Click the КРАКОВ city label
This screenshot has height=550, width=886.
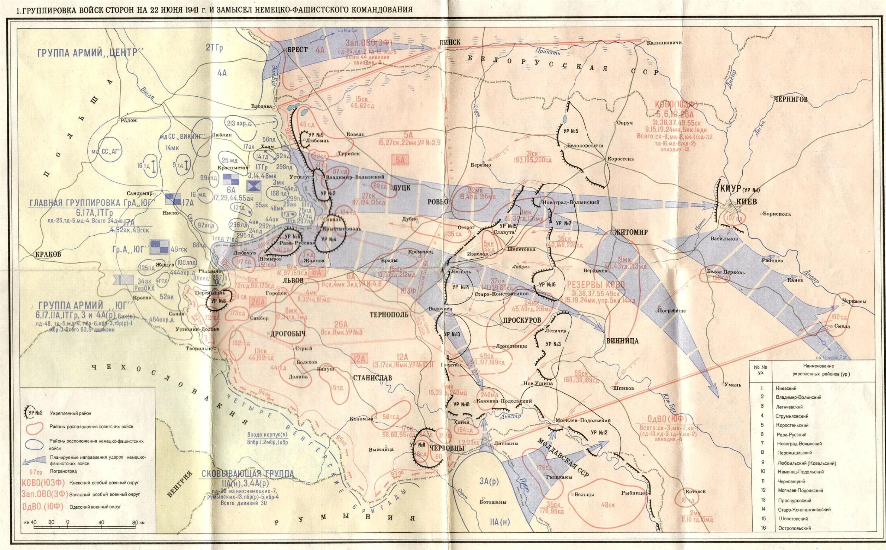48,254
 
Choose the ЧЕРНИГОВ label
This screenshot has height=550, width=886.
790,99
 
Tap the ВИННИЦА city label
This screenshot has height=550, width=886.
622,341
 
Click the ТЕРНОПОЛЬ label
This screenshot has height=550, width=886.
389,314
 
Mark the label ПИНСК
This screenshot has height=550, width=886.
450,42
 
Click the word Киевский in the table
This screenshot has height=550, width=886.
785,388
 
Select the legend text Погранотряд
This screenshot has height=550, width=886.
63,471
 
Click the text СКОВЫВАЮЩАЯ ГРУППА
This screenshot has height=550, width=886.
248,473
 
